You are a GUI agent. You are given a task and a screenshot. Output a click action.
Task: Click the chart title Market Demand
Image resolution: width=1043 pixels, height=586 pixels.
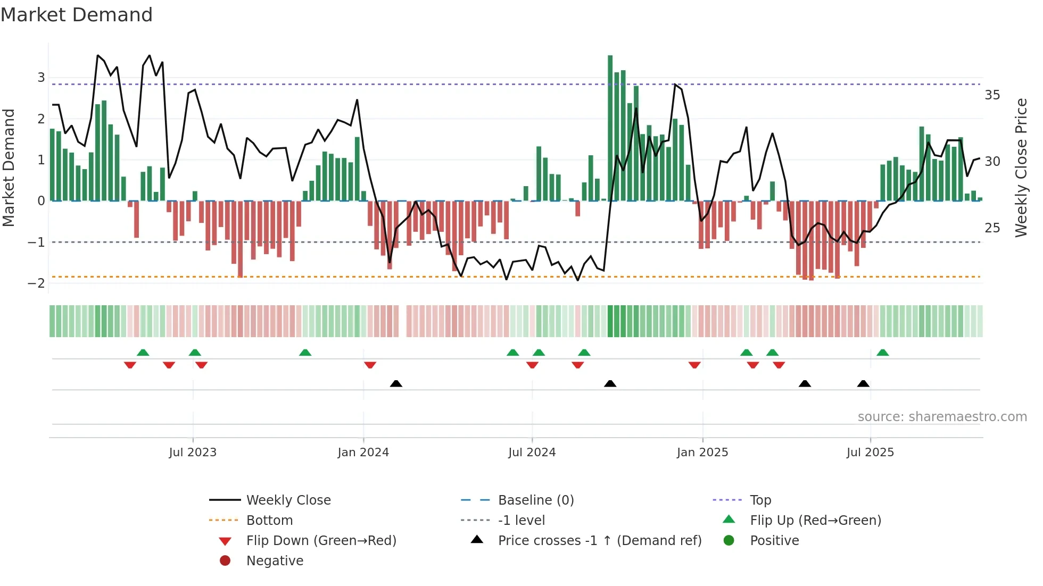click(x=77, y=15)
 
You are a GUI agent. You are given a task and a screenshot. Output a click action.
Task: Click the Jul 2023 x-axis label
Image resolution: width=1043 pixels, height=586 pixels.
click(x=193, y=453)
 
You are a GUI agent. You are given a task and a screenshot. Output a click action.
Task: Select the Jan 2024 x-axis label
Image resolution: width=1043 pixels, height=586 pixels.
click(x=363, y=453)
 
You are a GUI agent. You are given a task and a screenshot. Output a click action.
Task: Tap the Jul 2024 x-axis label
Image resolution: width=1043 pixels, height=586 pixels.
click(x=532, y=453)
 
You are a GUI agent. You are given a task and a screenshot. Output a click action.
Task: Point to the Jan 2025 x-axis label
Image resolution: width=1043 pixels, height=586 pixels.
click(x=702, y=453)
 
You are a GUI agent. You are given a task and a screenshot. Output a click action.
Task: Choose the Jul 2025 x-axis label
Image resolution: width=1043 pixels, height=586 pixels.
click(x=870, y=453)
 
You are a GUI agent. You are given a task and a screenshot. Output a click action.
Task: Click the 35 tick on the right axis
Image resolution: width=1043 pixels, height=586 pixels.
click(x=992, y=95)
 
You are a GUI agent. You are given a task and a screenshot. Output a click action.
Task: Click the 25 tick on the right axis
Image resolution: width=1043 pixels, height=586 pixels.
click(x=992, y=228)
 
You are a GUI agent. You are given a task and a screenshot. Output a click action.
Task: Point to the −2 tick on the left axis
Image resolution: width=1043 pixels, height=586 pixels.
click(x=36, y=283)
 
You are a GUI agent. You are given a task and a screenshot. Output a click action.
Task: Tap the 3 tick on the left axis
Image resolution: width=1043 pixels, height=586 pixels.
click(x=41, y=78)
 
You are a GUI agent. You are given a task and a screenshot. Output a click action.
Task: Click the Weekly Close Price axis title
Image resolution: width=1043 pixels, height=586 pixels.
click(x=1021, y=168)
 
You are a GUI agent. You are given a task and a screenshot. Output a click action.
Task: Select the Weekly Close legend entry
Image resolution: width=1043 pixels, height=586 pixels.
click(x=288, y=500)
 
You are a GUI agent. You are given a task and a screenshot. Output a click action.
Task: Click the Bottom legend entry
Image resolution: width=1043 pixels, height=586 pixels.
click(x=269, y=521)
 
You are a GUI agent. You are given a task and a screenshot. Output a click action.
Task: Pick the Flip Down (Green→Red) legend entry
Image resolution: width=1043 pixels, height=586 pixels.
click(x=321, y=541)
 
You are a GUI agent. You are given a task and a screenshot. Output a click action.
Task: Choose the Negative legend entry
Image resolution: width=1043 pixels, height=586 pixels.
click(x=275, y=561)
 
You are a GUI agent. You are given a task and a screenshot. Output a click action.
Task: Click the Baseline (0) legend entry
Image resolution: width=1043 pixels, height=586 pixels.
click(x=535, y=500)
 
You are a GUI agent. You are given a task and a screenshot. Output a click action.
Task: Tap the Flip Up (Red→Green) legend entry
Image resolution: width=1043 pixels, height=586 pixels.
click(x=815, y=521)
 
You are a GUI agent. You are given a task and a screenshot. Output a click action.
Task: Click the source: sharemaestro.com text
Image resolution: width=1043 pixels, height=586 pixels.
click(x=942, y=417)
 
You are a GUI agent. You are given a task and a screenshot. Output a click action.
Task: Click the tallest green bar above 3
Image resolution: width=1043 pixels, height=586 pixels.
click(x=610, y=128)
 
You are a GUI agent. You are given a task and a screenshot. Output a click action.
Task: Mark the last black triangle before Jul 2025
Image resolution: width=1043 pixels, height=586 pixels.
click(x=863, y=383)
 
